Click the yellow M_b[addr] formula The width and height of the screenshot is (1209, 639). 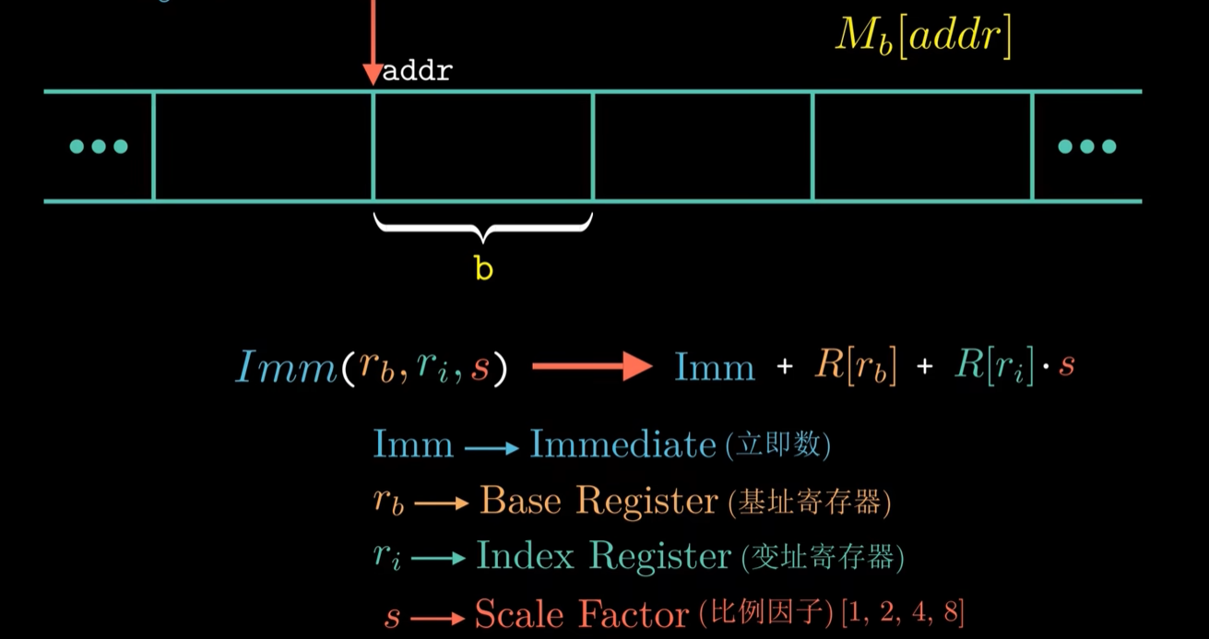click(923, 37)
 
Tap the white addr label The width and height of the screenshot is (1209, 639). click(417, 72)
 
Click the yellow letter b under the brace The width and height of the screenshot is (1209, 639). click(483, 268)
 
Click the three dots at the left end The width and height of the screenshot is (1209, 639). click(99, 147)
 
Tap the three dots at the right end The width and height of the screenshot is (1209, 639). click(1087, 147)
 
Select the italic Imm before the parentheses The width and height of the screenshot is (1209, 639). click(287, 367)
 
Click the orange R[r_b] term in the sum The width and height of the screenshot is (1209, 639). click(855, 367)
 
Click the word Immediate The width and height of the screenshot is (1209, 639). click(622, 445)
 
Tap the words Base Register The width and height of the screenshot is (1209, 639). click(599, 502)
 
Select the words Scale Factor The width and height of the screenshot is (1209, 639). click(582, 613)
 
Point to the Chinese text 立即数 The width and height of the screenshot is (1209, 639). click(778, 446)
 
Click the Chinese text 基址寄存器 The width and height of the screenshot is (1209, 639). click(809, 503)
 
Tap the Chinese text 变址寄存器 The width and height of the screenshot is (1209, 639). click(822, 558)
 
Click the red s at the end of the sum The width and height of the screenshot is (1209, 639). click(1066, 367)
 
